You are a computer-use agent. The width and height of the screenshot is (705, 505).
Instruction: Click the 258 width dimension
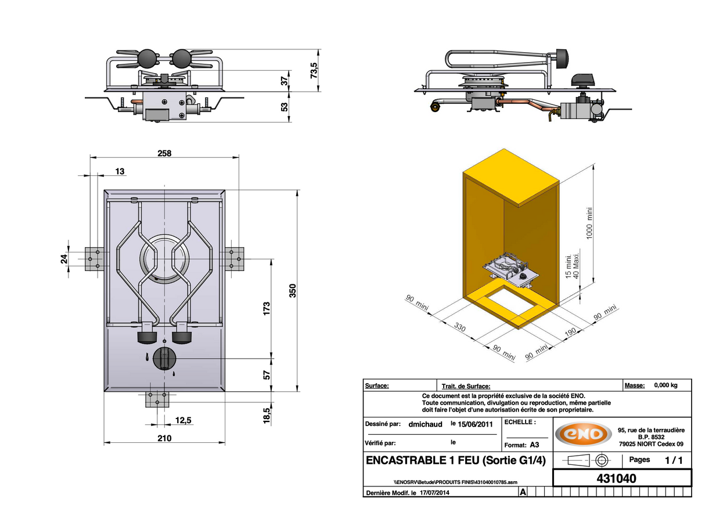pos(164,153)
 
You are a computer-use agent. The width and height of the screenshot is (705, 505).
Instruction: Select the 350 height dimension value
pos(293,290)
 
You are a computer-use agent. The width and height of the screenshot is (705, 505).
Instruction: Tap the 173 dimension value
pos(267,308)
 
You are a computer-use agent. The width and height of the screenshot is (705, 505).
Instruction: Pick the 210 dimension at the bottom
pos(164,438)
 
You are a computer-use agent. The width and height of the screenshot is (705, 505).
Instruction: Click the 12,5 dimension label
pos(183,420)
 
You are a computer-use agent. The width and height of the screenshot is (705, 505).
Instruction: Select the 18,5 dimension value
pos(267,416)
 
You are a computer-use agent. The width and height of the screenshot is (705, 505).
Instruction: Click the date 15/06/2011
pos(476,424)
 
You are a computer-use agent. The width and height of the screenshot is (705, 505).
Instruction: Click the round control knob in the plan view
pos(164,358)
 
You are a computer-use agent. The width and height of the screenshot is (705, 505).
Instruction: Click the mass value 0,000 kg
pos(666,385)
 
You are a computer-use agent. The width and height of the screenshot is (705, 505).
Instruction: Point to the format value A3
pos(534,445)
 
